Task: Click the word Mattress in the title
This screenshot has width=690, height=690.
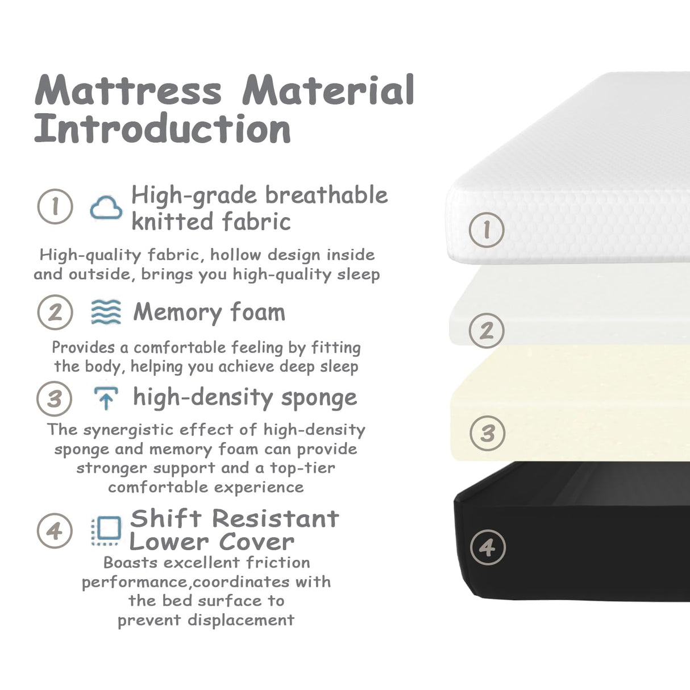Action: point(128,90)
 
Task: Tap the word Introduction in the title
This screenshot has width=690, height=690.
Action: point(163,129)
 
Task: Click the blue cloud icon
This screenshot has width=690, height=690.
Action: point(106,207)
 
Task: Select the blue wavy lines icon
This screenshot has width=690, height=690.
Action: point(106,312)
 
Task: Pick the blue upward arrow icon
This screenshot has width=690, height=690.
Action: point(106,398)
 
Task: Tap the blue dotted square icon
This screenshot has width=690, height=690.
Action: point(106,531)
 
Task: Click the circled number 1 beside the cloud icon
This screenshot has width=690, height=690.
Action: point(55,206)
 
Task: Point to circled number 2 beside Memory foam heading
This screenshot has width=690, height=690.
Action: point(55,312)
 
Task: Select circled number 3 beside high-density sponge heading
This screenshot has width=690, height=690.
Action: point(55,398)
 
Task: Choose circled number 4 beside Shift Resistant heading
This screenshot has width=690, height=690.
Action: point(55,531)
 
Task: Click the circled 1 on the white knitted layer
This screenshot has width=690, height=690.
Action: point(487,230)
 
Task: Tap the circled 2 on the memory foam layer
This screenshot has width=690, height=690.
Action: point(487,330)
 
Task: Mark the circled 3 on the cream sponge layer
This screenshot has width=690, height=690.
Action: point(488,433)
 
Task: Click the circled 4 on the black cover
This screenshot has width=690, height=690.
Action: point(488,547)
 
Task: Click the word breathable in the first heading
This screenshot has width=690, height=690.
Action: point(326,195)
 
